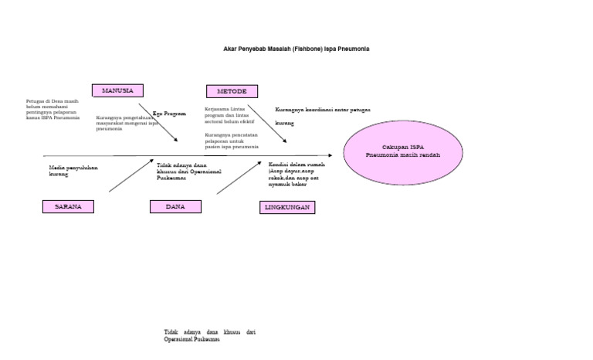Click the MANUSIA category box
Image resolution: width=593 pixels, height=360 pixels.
click(x=117, y=90)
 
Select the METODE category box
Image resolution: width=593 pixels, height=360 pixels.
click(x=232, y=91)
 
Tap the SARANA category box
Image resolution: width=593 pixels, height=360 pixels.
click(x=68, y=206)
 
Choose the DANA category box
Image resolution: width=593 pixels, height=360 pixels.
click(x=175, y=206)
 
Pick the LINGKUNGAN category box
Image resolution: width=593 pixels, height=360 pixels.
click(x=287, y=207)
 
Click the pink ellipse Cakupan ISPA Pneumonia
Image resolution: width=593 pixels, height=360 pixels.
click(x=402, y=151)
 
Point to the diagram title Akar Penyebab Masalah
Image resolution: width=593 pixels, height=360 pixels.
click(x=296, y=49)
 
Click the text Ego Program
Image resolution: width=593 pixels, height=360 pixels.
click(x=169, y=113)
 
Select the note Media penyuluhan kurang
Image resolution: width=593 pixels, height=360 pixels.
click(x=73, y=170)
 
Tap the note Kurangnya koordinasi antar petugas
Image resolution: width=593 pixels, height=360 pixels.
click(x=322, y=110)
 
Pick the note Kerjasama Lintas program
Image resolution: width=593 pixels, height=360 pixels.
click(x=231, y=115)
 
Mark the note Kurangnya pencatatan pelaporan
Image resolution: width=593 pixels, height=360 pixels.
click(x=232, y=140)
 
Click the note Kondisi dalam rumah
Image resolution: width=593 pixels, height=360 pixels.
click(x=296, y=175)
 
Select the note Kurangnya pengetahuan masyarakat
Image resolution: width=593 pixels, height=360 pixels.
click(x=126, y=123)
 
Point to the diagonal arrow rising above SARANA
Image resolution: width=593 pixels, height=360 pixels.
click(x=131, y=175)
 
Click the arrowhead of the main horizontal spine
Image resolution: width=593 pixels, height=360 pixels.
click(x=330, y=155)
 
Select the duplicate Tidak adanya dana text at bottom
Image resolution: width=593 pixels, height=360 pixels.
click(x=209, y=335)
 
